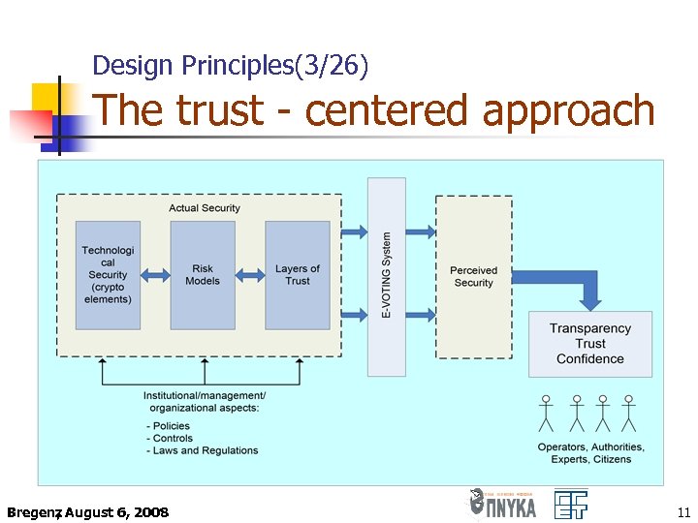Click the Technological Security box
(108, 275)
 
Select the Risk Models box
(203, 275)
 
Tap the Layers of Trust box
(298, 275)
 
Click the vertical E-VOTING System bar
(387, 276)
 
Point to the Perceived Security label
(473, 276)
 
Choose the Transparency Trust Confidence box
(590, 344)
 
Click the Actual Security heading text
(204, 207)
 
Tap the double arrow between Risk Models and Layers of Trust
(250, 275)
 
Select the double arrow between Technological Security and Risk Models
(155, 275)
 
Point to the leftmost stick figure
(546, 413)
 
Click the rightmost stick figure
(628, 413)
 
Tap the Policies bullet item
(170, 425)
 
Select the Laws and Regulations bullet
(204, 450)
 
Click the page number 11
(682, 511)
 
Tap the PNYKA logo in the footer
(502, 504)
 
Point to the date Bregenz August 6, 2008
(87, 511)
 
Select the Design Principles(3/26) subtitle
(230, 66)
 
